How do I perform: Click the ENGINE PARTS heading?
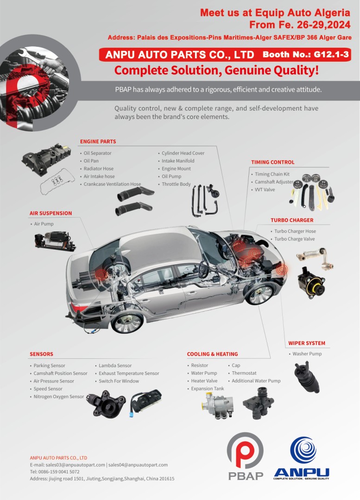coord(98,141)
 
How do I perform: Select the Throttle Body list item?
coord(176,184)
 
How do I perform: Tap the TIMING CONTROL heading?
coord(272,162)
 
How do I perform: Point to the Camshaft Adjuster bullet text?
coord(274,182)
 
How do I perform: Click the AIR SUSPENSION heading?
coord(51,213)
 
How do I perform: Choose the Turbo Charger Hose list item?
coord(295,231)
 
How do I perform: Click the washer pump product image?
coord(307,377)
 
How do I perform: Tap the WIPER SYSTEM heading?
coord(307,343)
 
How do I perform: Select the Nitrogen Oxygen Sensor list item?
coord(59,396)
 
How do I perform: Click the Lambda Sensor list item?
coord(115,365)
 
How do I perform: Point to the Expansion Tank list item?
coord(208,388)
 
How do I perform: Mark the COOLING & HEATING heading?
coord(212,354)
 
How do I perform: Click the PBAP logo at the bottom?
coord(246,456)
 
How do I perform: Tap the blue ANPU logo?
coord(302,458)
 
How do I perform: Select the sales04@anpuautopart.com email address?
coord(138,465)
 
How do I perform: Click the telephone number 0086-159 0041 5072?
coord(59,472)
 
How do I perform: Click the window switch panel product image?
coord(146,402)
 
